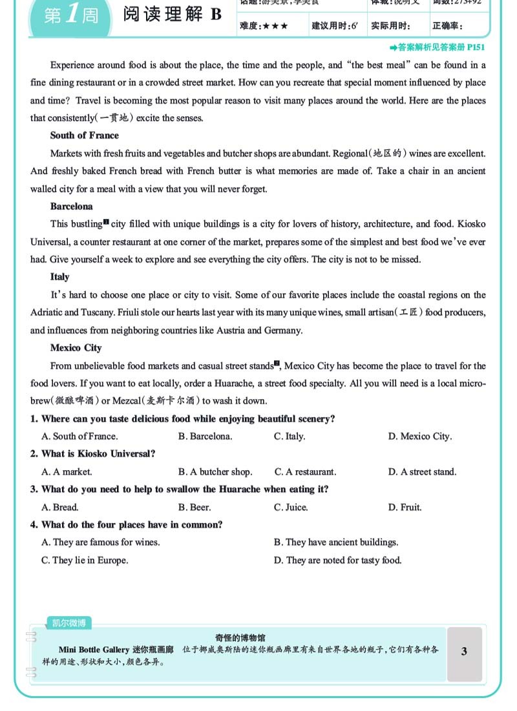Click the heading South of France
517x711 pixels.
pos(85,136)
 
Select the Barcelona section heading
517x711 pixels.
pos(72,207)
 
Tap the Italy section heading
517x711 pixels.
pos(60,277)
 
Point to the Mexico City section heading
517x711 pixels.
pos(76,348)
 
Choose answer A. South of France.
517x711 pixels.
pos(79,437)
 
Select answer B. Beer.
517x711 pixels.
pos(195,508)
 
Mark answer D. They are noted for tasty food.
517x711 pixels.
pos(337,561)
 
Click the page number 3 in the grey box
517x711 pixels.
pos(464,652)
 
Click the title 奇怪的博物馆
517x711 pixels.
pos(240,637)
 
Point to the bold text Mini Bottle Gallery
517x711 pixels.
pos(94,650)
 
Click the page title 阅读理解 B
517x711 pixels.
pos(173,15)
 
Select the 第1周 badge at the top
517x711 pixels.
pos(71,15)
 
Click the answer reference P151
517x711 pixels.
pos(475,47)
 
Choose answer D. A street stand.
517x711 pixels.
pos(422,472)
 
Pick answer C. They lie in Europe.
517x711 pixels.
pos(85,561)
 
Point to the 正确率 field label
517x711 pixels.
pos(447,26)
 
